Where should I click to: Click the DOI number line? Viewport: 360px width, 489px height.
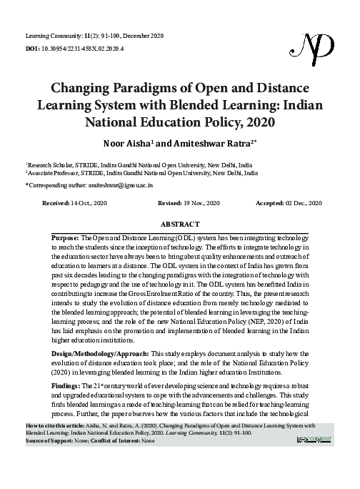click(x=74, y=48)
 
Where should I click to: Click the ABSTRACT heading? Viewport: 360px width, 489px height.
click(x=180, y=224)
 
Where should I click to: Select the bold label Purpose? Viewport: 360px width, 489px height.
click(x=66, y=237)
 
